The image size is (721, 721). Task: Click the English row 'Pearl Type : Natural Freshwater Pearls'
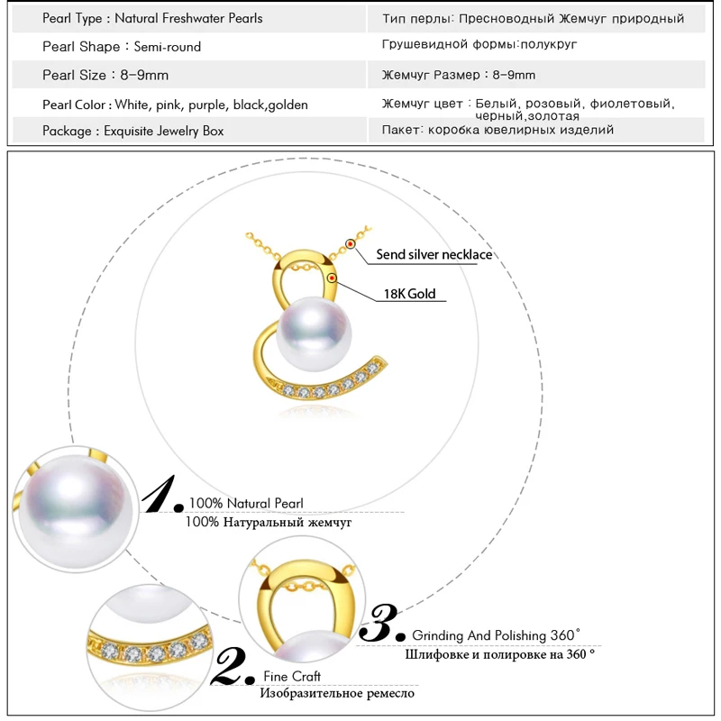tap(152, 18)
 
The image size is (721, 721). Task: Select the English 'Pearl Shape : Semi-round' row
tap(122, 46)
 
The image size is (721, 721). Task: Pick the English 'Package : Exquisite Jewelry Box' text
tap(132, 131)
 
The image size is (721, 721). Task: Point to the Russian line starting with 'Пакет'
tap(497, 130)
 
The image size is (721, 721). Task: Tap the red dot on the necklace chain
tap(351, 244)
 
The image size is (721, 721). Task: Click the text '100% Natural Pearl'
tap(246, 503)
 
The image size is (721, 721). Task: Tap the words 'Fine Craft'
tap(292, 676)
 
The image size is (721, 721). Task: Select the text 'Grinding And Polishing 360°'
tap(497, 635)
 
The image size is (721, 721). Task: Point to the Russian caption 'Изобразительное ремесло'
tap(337, 693)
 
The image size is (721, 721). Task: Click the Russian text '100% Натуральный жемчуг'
tap(269, 521)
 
